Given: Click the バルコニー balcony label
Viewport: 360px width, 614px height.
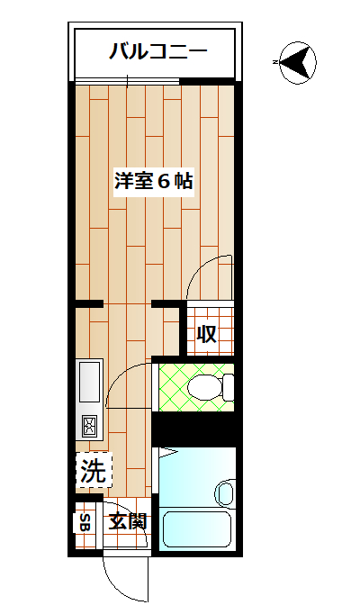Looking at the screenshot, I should coord(157,50).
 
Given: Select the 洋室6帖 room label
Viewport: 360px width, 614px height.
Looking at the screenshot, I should coord(154,180).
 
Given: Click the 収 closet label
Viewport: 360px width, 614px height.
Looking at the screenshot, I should coord(207,334).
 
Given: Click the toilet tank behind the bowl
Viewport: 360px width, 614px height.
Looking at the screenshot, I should coord(228,388).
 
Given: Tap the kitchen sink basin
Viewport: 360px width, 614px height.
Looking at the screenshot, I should coord(92,382).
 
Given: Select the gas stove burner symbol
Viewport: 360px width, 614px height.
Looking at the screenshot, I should coord(92,427).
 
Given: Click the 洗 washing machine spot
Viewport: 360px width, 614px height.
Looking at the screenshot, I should coord(93,469).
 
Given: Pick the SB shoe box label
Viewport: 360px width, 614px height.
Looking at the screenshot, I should coord(85,521).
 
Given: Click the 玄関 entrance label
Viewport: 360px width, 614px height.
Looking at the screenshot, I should coord(127,520).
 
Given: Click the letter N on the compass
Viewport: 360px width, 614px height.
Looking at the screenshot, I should coord(274,62).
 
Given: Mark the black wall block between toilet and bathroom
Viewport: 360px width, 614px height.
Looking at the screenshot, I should coord(193,429).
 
